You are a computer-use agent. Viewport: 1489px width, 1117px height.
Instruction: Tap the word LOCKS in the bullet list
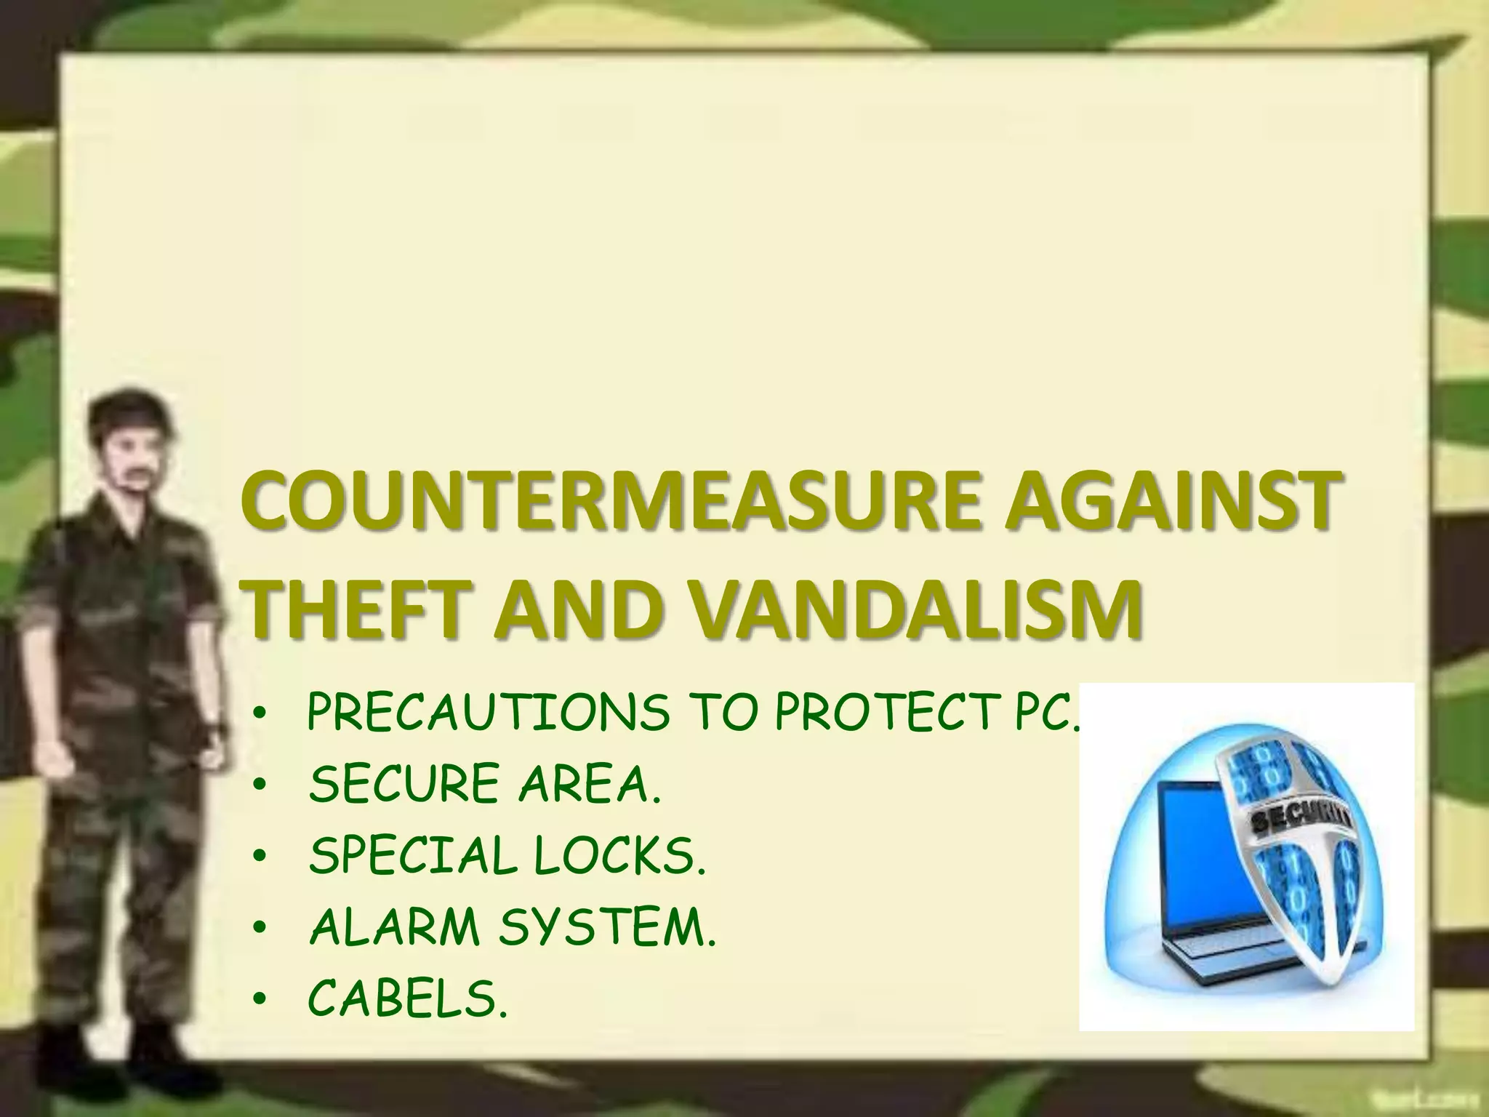[619, 856]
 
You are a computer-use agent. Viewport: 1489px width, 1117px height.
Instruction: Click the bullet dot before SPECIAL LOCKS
[260, 858]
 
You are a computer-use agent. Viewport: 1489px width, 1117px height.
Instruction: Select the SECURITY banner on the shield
[1301, 822]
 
